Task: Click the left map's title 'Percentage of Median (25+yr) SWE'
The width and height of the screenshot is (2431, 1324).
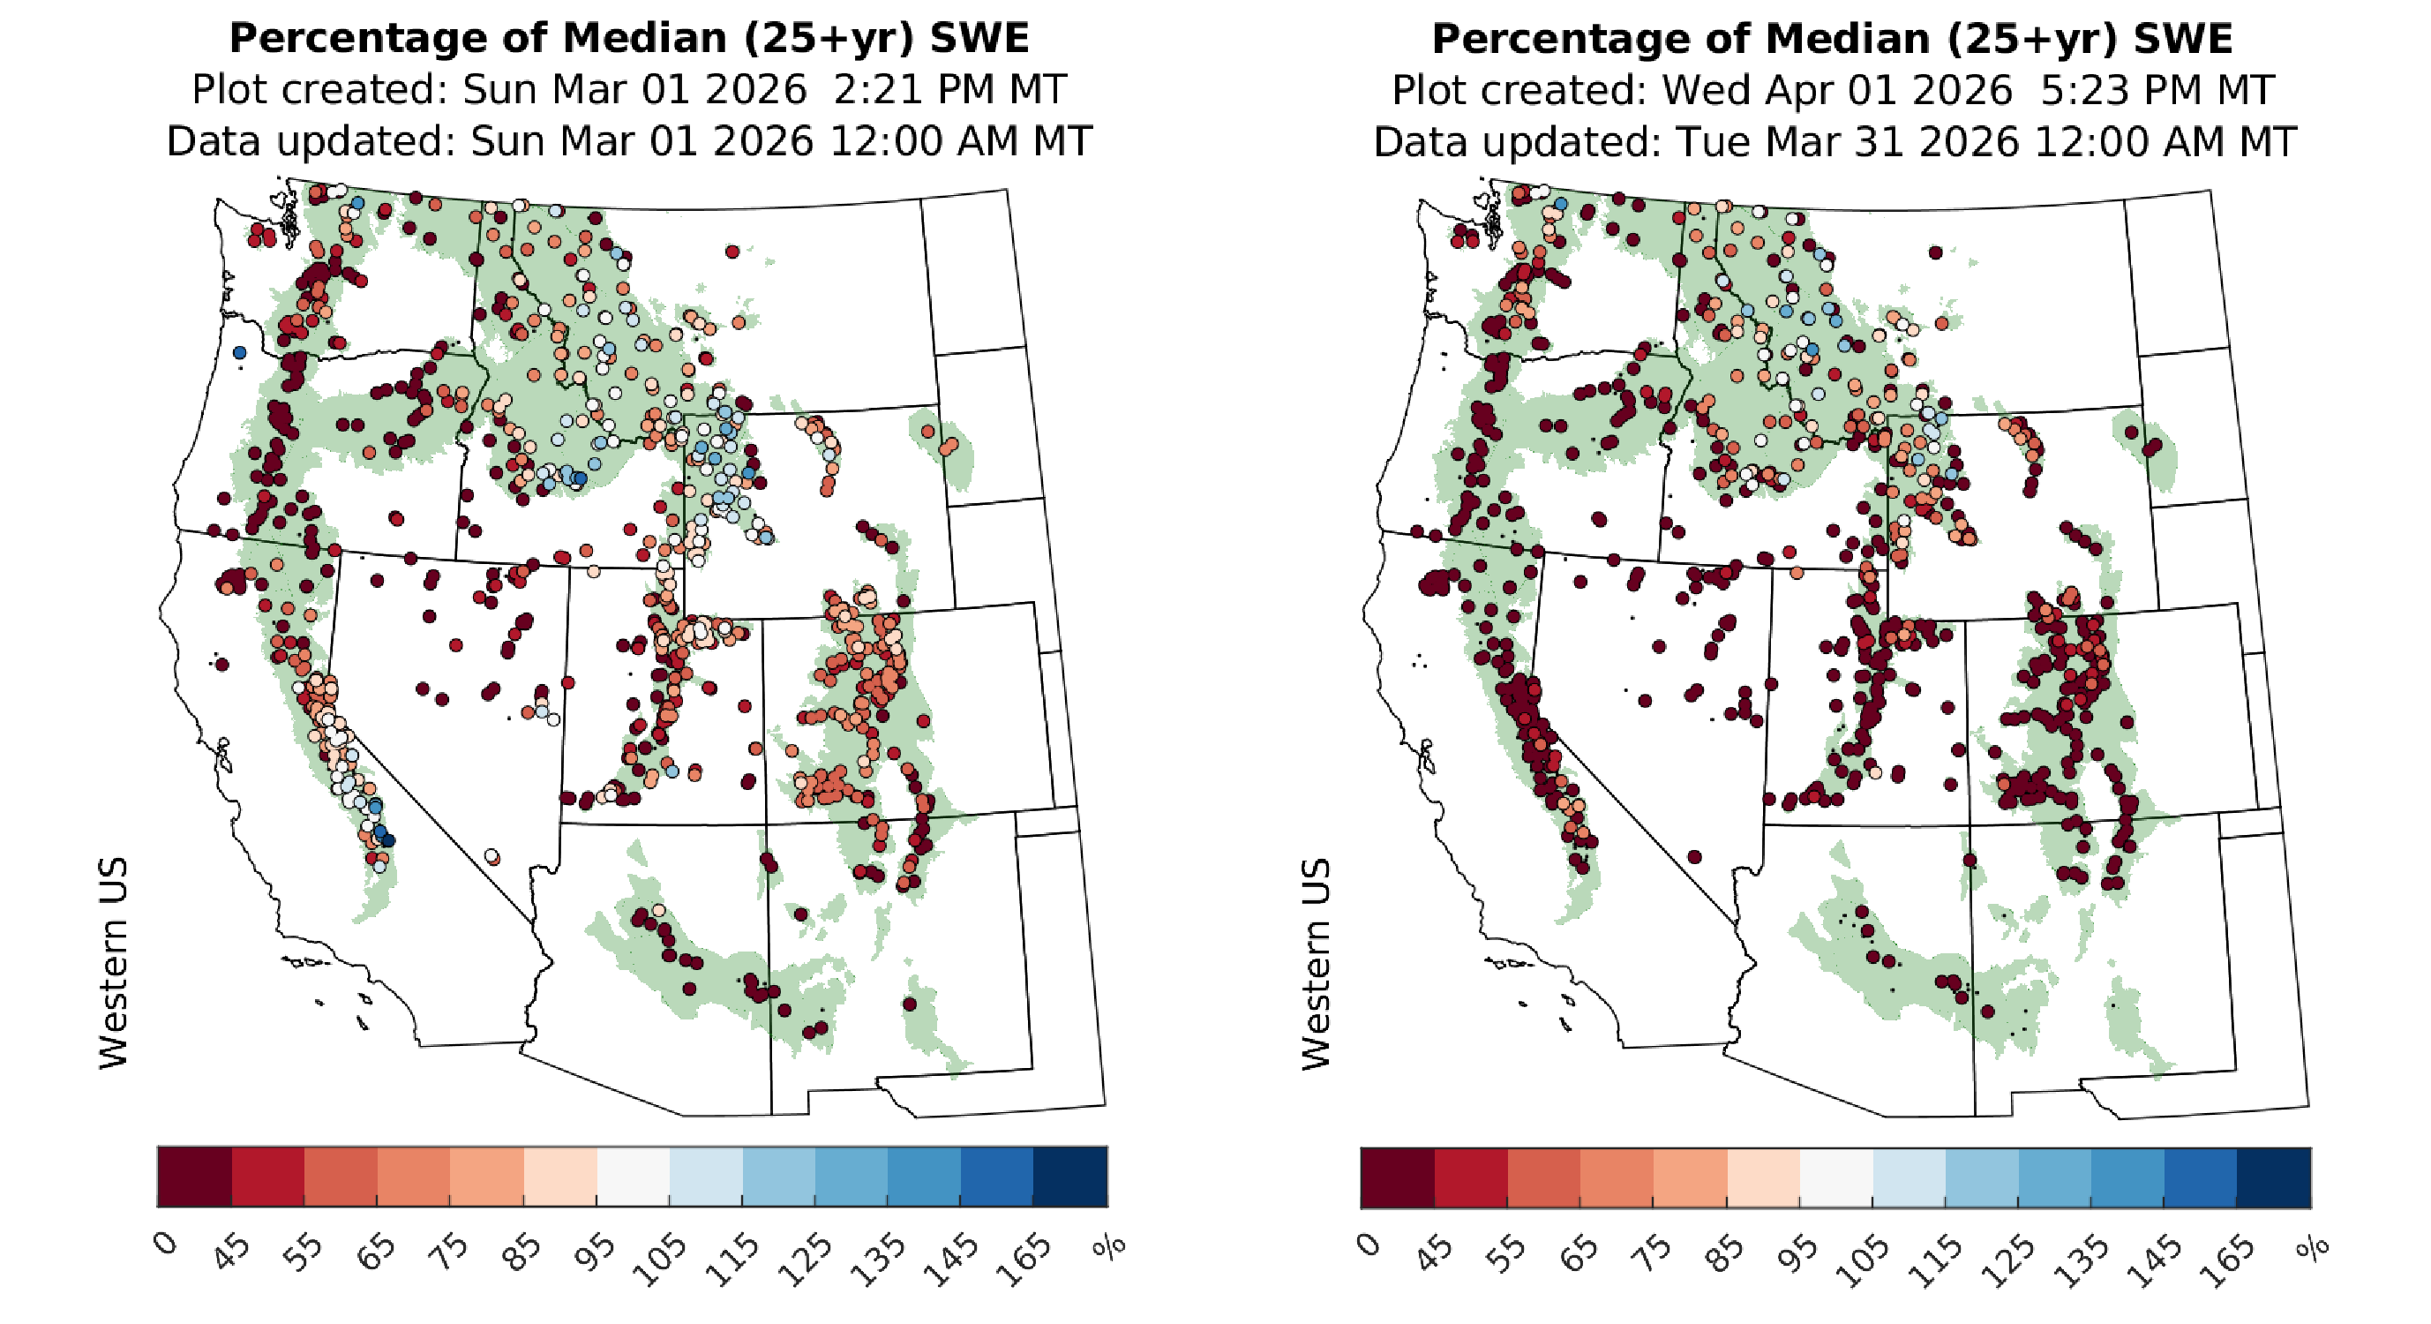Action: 628,39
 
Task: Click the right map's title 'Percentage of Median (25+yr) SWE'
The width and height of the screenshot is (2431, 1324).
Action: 1832,39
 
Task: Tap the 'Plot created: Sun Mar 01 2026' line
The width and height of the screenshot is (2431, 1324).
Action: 499,91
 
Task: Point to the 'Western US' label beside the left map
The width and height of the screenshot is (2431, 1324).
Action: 113,963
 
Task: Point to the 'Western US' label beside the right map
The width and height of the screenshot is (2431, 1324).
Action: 1317,964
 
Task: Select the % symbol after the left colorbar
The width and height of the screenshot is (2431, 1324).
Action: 1110,1246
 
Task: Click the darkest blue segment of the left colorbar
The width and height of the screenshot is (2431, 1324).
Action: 1070,1176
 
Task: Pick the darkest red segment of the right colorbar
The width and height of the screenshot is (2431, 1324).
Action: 1397,1177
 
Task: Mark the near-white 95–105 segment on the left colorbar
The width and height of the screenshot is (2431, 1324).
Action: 634,1176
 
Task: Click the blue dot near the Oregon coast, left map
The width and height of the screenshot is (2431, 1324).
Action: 240,352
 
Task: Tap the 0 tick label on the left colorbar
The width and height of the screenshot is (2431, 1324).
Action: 166,1244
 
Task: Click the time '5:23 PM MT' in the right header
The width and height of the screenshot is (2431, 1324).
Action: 2157,91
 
